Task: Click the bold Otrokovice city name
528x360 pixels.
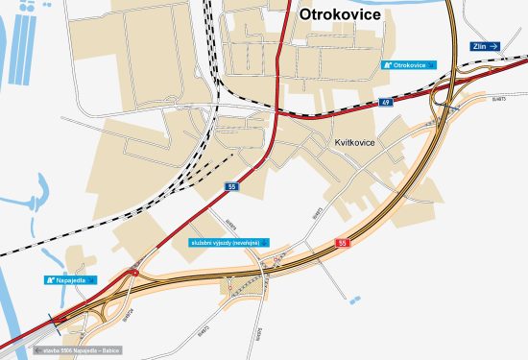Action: [x=340, y=14]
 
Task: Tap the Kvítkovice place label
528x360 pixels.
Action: [x=353, y=143]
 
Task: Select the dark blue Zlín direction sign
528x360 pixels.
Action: [x=485, y=45]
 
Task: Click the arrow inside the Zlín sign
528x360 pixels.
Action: [x=494, y=45]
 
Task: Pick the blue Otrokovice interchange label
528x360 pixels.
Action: [x=408, y=65]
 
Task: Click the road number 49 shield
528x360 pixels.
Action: [x=385, y=101]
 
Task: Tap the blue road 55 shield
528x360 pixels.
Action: [x=231, y=185]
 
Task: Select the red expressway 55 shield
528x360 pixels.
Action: [x=343, y=244]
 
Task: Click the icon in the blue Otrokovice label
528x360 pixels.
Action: [x=387, y=65]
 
